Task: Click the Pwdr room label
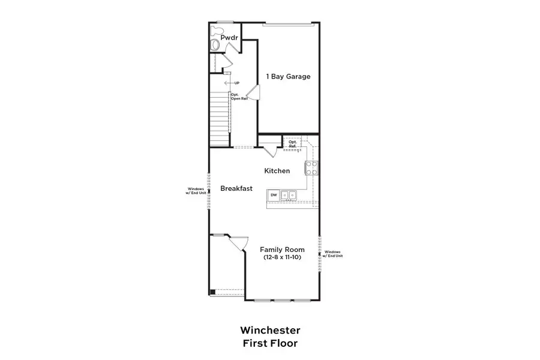[229, 38]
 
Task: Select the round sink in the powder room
[216, 46]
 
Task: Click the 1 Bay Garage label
[288, 76]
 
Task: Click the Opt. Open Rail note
[239, 96]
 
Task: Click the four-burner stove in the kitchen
[312, 167]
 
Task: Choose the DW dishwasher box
[274, 195]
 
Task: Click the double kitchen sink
[289, 195]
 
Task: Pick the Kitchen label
[277, 171]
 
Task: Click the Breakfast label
[236, 188]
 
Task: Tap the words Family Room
[281, 250]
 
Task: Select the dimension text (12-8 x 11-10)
[281, 257]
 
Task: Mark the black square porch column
[212, 292]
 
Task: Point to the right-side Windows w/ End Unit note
[332, 254]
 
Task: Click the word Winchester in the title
[270, 330]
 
